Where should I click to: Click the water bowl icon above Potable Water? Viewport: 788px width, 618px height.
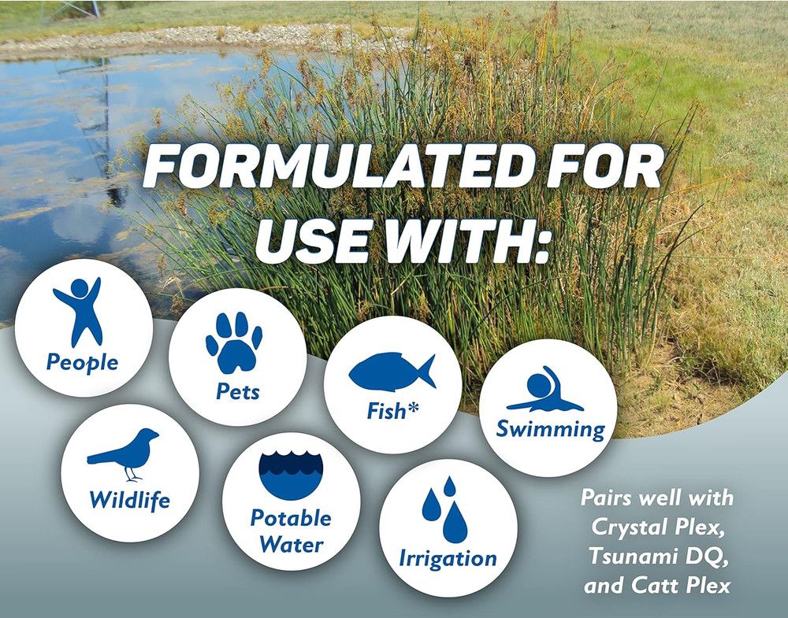coord(291,474)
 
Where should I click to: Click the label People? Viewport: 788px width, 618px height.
coord(82,363)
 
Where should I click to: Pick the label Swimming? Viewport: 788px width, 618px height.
coord(550,430)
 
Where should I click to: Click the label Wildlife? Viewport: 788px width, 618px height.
coord(129,499)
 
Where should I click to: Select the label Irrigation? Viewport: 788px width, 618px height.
coord(448,559)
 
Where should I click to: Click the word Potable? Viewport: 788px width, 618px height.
coord(291,518)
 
